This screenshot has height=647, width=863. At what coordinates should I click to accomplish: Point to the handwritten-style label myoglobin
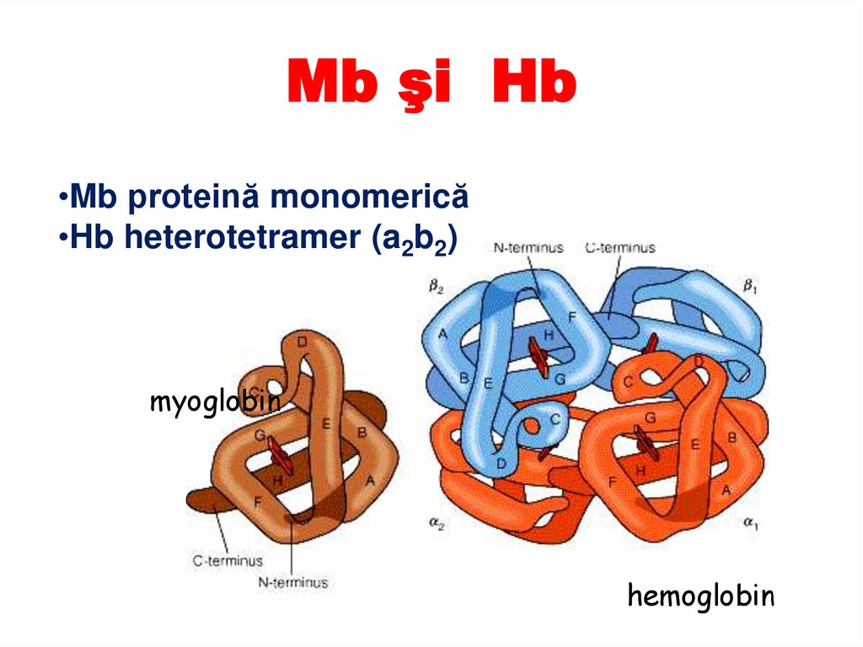click(214, 403)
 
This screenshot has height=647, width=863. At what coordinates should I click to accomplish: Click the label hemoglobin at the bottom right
click(700, 596)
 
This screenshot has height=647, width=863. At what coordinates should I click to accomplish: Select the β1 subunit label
click(750, 286)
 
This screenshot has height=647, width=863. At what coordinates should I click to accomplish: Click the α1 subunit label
click(750, 524)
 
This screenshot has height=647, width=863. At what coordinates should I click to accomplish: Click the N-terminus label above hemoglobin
click(529, 247)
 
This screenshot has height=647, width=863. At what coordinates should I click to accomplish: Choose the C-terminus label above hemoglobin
click(620, 247)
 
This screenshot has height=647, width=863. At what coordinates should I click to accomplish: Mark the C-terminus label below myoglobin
click(228, 560)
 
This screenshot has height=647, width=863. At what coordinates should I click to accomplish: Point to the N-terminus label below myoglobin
click(294, 581)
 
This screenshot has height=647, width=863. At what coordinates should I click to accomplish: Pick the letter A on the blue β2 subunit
click(442, 334)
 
